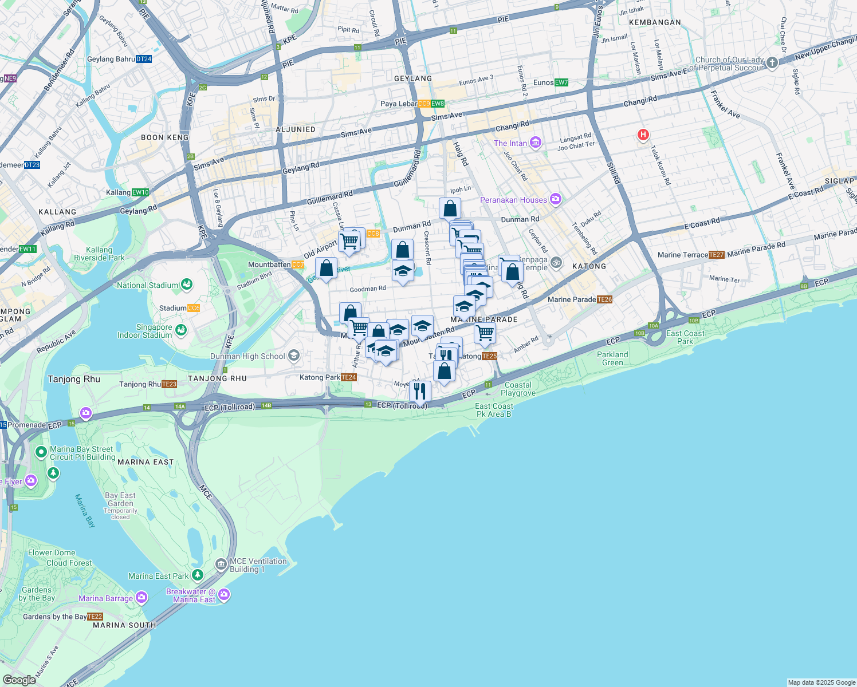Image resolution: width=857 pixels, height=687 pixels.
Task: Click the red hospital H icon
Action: pos(643,135)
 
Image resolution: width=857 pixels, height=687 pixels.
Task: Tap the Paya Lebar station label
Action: pos(399,104)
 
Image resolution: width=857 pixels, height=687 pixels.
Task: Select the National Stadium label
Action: pos(147,285)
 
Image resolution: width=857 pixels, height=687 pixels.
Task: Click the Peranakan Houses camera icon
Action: pos(555,199)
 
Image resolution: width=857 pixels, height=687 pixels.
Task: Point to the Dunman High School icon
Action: pos(294,356)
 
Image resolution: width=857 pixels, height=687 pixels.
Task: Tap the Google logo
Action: pos(19,680)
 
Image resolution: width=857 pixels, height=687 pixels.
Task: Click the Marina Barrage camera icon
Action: pos(141,598)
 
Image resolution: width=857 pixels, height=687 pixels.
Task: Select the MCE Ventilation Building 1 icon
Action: pos(221,565)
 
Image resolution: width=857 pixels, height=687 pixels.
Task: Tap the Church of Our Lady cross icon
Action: pos(772,63)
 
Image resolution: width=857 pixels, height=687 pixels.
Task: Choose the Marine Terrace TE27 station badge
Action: pos(716,255)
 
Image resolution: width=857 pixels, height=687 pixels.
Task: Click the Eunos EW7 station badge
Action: pos(561,82)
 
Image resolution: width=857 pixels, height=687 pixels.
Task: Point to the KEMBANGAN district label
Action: pos(655,22)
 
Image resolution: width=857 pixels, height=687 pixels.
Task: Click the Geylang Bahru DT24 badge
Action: pos(144,59)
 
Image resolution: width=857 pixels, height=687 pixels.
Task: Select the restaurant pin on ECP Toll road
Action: pos(420,392)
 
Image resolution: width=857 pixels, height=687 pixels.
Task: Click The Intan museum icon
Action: pos(536,143)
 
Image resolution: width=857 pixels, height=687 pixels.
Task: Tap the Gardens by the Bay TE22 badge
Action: pos(95,617)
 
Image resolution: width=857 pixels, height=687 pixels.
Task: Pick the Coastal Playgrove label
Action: pos(518,389)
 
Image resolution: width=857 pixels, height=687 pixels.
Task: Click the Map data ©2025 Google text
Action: pos(821,682)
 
